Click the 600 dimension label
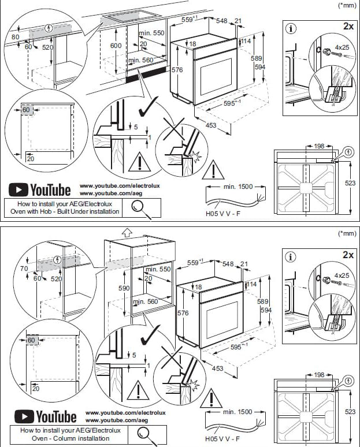[116, 45]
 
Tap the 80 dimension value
[15, 37]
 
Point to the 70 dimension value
[23, 269]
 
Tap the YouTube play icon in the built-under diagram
[20, 189]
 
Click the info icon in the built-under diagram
[292, 27]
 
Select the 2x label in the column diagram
[347, 254]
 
